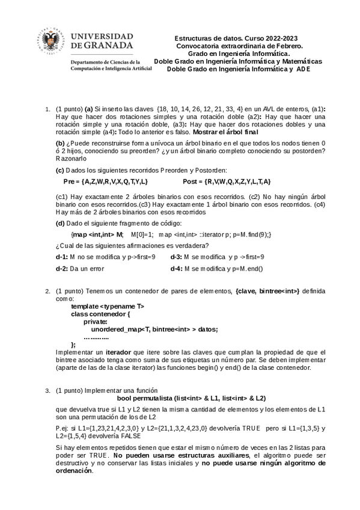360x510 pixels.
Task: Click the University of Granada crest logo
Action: click(51, 41)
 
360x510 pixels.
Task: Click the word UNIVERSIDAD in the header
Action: click(102, 36)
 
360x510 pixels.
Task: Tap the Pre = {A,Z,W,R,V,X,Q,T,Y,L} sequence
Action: click(106, 181)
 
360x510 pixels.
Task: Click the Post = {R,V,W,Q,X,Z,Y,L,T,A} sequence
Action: click(227, 181)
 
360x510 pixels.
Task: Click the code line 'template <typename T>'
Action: click(108, 306)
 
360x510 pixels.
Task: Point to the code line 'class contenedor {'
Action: click(101, 314)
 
